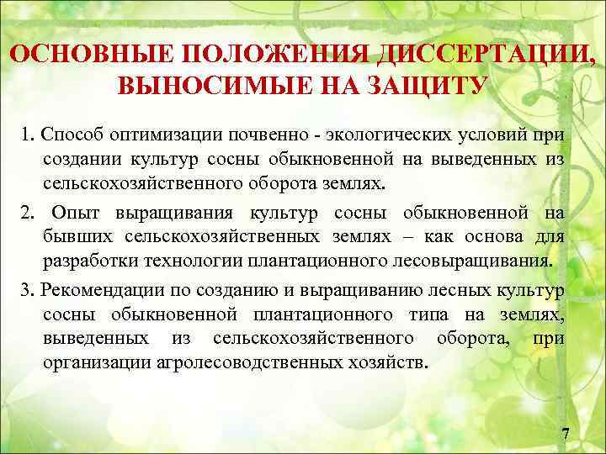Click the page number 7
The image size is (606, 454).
(565, 434)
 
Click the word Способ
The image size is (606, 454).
(70, 135)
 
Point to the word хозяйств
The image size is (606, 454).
(396, 363)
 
